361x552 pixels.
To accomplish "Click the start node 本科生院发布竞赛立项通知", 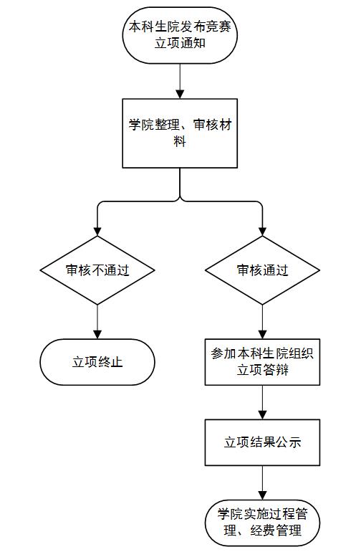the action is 180,35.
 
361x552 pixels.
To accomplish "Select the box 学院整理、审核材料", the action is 180,133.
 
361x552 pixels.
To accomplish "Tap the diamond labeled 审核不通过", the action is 97,270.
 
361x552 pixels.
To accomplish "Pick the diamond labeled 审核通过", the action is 262,270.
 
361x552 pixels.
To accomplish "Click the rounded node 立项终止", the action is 97,362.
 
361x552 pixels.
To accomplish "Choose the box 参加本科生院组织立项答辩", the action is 262,362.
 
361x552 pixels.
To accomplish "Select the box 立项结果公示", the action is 262,442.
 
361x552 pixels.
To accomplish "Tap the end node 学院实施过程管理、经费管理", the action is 262,523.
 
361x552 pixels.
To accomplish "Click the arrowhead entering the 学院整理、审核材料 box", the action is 180,95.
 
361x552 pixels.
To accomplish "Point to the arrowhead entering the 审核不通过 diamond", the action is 97,232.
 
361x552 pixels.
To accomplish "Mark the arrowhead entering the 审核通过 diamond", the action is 262,232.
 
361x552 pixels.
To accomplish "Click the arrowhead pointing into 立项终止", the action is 97,335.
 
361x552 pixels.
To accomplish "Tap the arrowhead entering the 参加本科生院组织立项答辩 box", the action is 262,335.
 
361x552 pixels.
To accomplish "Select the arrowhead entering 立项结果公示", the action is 262,415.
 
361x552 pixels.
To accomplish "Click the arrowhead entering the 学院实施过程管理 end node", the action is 262,495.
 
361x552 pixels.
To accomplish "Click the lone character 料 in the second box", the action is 180,141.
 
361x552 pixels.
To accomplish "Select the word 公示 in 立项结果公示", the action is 289,442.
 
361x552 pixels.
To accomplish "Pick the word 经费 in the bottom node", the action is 263,530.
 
